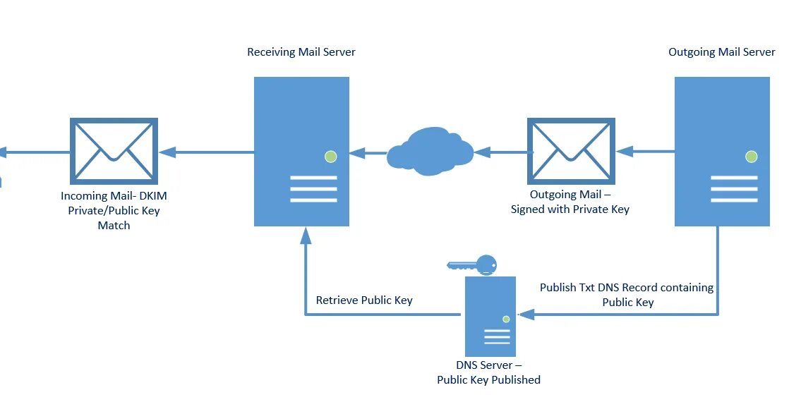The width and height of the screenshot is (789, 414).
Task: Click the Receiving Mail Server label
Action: click(x=301, y=52)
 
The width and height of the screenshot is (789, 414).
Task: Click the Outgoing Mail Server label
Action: click(x=721, y=52)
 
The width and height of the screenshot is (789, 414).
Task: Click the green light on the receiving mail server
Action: click(x=330, y=157)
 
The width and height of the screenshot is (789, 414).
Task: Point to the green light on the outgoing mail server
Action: click(x=751, y=157)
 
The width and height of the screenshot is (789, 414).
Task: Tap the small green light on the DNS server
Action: click(x=506, y=319)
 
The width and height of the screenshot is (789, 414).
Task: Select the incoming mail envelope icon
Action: click(x=114, y=151)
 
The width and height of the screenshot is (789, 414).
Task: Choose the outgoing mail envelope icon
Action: click(x=571, y=151)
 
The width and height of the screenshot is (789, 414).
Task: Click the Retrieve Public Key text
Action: click(x=364, y=300)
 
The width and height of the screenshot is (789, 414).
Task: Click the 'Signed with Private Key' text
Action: click(x=570, y=209)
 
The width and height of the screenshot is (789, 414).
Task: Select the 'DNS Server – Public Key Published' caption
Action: click(x=488, y=372)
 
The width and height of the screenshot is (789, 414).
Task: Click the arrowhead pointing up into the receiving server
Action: click(x=306, y=237)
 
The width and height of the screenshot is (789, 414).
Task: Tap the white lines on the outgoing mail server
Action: click(x=734, y=189)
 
